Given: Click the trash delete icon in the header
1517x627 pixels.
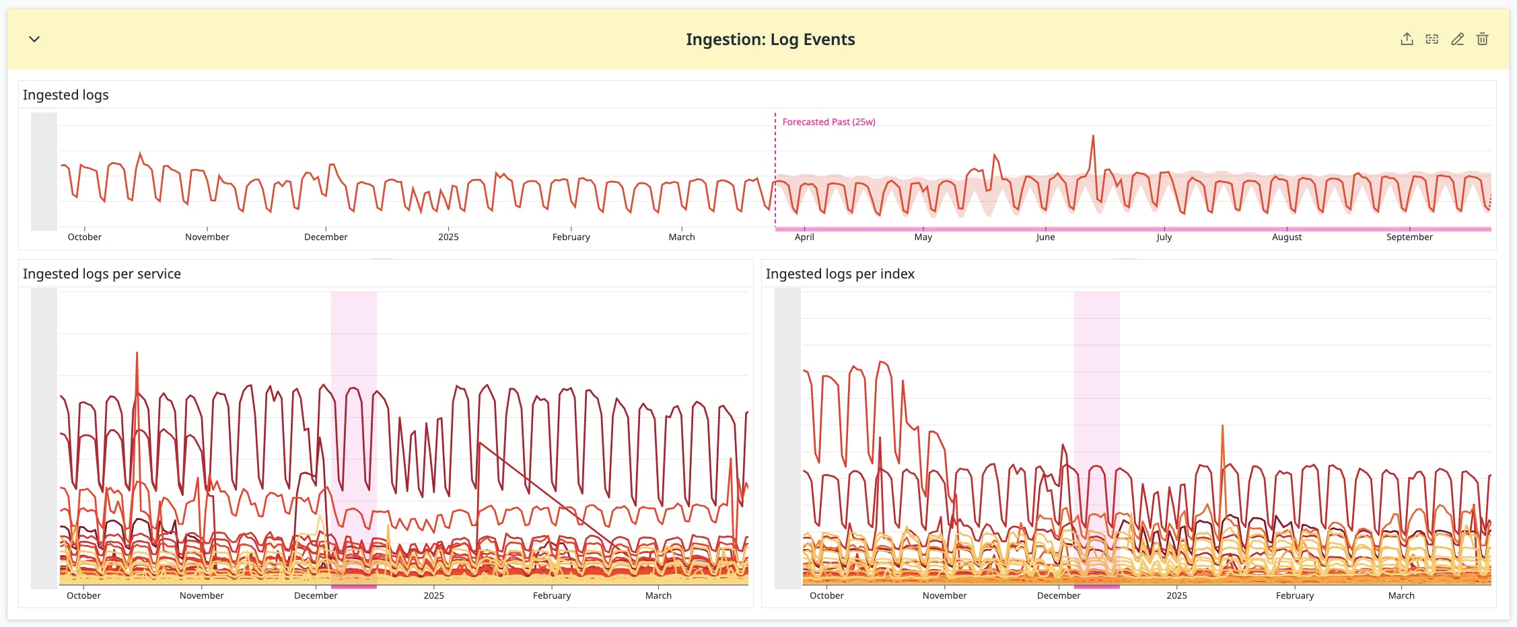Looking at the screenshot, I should [x=1482, y=39].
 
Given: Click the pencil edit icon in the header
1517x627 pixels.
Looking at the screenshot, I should [x=1457, y=39].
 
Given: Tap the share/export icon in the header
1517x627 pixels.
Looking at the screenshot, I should [x=1407, y=39].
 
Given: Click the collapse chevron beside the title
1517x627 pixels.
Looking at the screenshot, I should [x=34, y=39].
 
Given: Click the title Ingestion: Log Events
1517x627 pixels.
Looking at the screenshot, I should [x=770, y=40].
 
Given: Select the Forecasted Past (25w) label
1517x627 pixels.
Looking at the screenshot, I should [x=828, y=122].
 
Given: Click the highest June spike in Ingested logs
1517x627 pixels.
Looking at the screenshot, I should [x=1093, y=137].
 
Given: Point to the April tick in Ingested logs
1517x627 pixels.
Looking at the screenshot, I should [x=804, y=237].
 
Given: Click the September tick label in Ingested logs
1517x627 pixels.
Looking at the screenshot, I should [x=1409, y=237].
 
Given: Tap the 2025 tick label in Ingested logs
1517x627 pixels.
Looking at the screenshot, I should [x=448, y=237].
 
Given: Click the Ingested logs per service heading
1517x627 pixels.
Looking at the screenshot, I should [x=102, y=274].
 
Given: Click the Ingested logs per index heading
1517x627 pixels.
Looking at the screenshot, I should [x=840, y=274].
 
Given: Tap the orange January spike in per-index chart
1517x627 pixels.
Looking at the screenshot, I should [x=1222, y=428].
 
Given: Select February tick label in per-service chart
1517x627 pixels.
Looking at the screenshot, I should [x=552, y=595].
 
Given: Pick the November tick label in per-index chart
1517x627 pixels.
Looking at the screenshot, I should [x=944, y=595].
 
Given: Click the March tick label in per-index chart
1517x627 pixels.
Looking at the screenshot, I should [x=1401, y=595].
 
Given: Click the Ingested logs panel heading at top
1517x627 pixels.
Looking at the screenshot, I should [x=66, y=95].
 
